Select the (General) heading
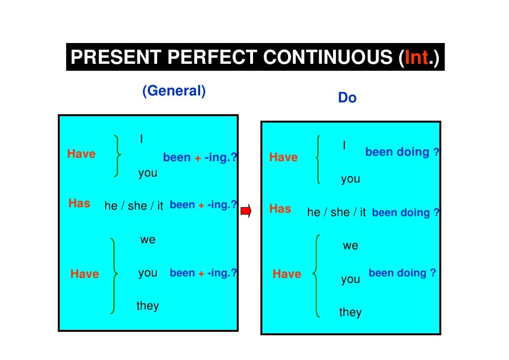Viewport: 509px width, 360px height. coord(173,91)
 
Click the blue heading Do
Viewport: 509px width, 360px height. coord(347,98)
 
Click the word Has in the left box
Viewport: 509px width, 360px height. coord(79,203)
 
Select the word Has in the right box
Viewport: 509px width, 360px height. coord(280,209)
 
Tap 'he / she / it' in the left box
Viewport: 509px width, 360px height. coord(133,206)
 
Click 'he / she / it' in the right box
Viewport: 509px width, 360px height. coord(337,212)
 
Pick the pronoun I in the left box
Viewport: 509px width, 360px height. coord(142,139)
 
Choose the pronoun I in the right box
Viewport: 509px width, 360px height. coord(344,145)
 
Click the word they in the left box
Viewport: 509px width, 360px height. coord(148,306)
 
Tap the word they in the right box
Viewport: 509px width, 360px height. coord(350,312)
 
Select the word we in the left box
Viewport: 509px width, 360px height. coord(148,240)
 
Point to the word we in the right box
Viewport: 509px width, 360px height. coord(350,246)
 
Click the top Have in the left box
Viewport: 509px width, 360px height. coord(82,154)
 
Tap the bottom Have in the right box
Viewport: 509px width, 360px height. coord(287,274)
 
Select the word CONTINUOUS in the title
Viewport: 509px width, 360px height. coord(329,58)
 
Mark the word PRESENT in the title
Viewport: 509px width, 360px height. coord(116,58)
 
